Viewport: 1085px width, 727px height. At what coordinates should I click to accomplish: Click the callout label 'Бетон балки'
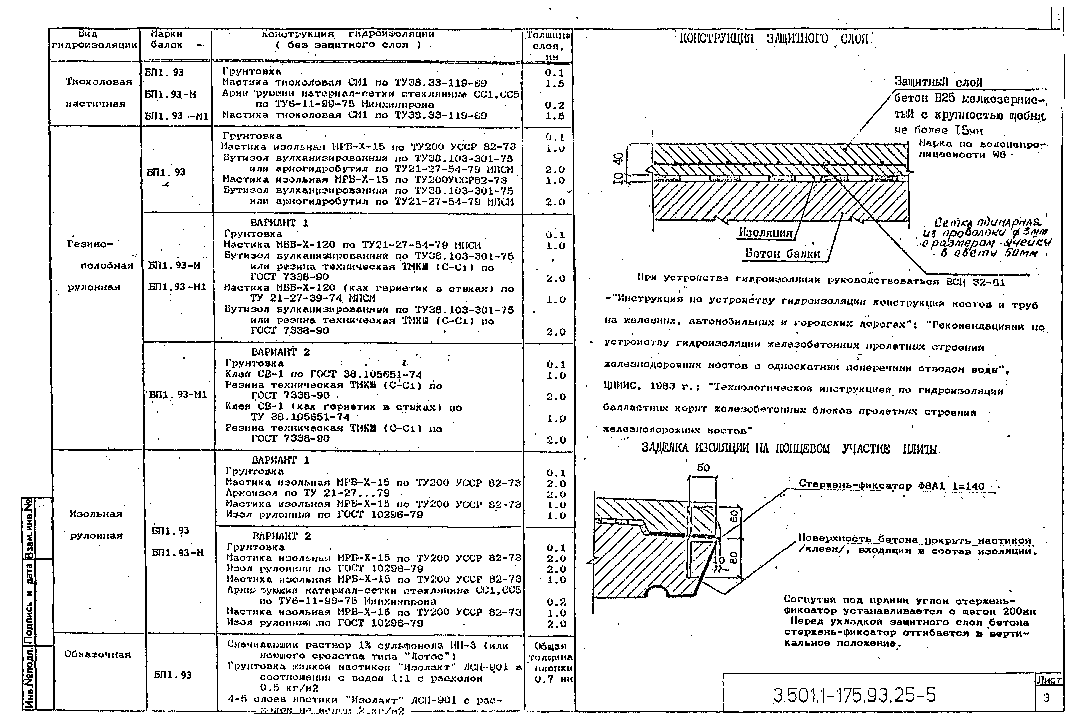pyautogui.click(x=783, y=253)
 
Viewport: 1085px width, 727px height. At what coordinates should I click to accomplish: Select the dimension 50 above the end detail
pyautogui.click(x=703, y=468)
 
